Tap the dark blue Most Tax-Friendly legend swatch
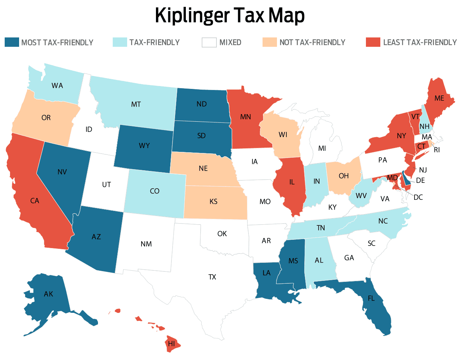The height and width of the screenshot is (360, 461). [12, 42]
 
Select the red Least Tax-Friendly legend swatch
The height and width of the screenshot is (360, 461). [373, 42]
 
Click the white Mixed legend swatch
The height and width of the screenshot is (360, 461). [209, 42]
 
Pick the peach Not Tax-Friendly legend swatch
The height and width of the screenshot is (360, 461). [269, 42]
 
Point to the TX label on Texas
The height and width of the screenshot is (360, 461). [212, 277]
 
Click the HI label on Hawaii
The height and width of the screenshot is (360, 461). [171, 343]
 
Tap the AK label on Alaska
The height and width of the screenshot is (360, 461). [49, 294]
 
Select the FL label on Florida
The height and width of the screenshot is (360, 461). [371, 298]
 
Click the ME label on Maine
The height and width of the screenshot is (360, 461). [439, 98]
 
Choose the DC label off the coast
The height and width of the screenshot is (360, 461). [418, 197]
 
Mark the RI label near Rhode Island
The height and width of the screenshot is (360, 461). [437, 150]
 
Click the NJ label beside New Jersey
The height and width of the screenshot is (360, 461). [423, 170]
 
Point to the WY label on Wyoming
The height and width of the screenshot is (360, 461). [144, 145]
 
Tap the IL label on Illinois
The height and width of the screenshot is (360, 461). [292, 182]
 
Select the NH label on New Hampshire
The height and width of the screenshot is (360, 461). [424, 126]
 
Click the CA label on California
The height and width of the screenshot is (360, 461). [35, 201]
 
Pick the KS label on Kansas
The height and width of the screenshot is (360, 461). [213, 201]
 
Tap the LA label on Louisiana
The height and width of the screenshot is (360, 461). [267, 273]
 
